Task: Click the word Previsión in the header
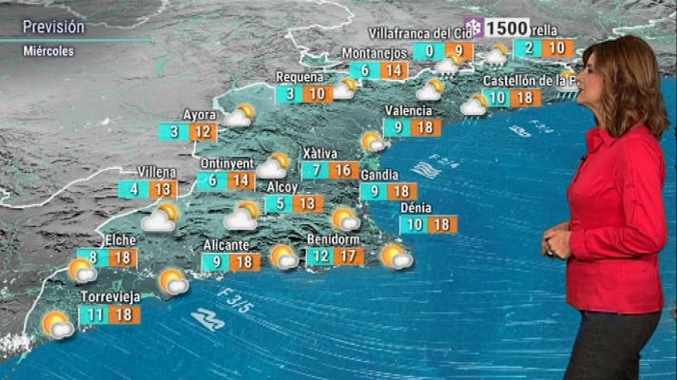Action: (53, 27)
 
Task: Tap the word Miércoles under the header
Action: (48, 51)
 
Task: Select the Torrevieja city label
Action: (110, 296)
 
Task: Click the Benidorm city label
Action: (338, 238)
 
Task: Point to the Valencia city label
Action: (408, 110)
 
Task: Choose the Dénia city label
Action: (416, 207)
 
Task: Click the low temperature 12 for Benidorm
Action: (321, 256)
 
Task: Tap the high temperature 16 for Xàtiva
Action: (345, 170)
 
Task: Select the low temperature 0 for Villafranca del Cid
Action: (430, 51)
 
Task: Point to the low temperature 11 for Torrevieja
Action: (92, 315)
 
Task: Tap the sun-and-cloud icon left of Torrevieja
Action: (57, 325)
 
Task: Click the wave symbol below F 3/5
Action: (208, 320)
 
